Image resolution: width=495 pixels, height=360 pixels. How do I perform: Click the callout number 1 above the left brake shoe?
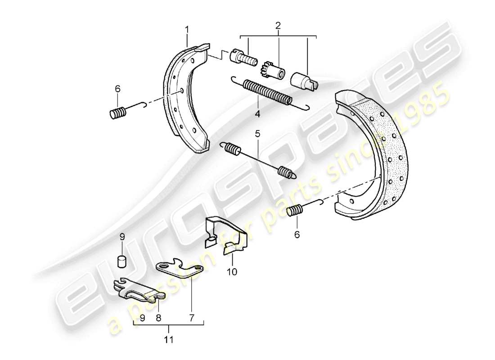(x=187, y=30)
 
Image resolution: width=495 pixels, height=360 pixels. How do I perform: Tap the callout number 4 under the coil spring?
(x=257, y=114)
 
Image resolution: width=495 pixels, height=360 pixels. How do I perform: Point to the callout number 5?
(x=257, y=134)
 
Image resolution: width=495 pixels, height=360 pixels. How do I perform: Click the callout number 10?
(x=233, y=272)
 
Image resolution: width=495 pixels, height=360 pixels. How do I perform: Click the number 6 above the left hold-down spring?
(x=117, y=89)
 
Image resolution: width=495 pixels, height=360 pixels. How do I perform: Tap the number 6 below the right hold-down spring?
(x=296, y=234)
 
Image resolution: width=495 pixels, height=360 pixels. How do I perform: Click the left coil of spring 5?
(x=231, y=148)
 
